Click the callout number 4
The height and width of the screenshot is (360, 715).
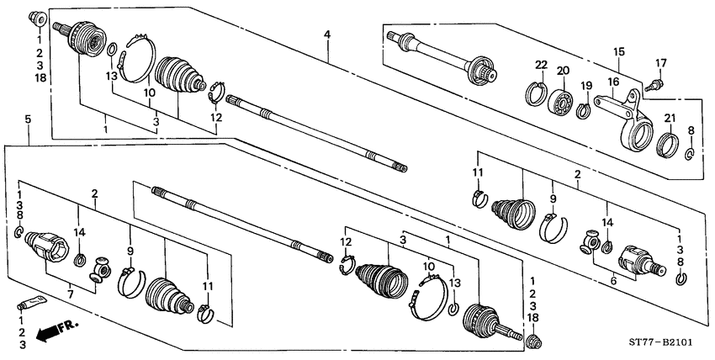click(327, 34)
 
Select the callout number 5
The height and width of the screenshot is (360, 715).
click(28, 120)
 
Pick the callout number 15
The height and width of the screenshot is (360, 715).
click(618, 52)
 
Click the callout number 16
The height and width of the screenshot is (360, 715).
click(613, 82)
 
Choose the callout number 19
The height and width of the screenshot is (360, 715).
click(586, 85)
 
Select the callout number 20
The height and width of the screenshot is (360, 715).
click(563, 71)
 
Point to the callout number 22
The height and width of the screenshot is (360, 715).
click(540, 65)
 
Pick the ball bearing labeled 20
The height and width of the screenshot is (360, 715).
click(560, 103)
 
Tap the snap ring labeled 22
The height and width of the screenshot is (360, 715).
click(536, 90)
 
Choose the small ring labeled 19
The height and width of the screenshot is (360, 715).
click(582, 110)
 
